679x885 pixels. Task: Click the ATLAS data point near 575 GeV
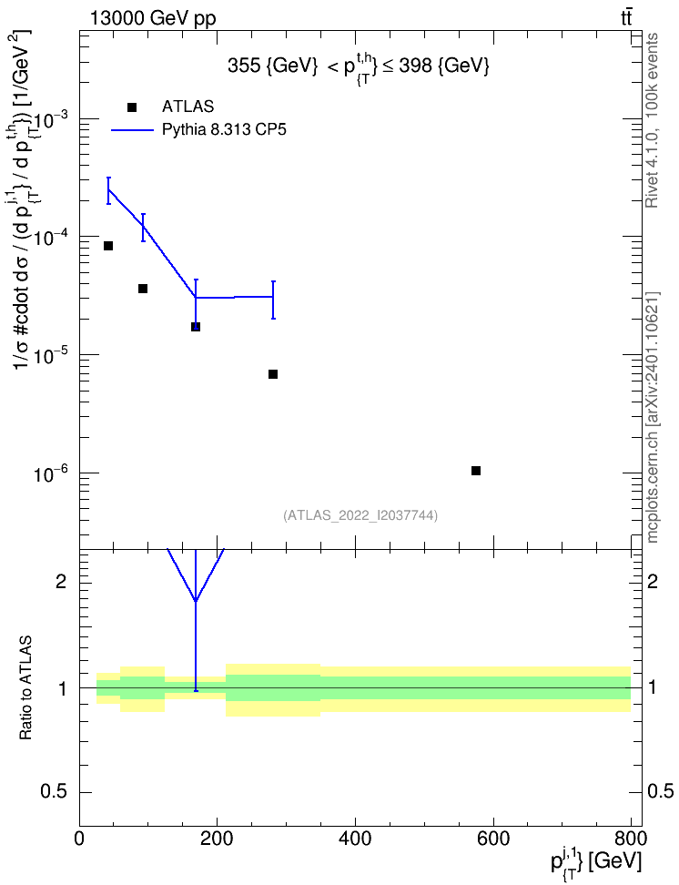pos(476,471)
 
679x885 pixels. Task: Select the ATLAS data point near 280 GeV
pos(273,374)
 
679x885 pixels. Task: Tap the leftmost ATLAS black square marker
pos(107,246)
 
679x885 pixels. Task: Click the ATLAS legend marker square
pos(132,107)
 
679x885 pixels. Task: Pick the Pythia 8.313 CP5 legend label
pos(224,130)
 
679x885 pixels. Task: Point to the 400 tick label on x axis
pos(355,839)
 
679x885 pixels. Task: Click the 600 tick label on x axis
pos(493,839)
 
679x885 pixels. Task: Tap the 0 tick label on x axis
pos(79,839)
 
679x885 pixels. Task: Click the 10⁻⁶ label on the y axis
pos(51,473)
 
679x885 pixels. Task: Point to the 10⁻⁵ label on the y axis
pos(51,355)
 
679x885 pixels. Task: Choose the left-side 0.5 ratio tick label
pos(55,792)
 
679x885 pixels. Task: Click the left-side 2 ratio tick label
pos(62,581)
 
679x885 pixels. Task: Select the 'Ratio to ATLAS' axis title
pos(25,688)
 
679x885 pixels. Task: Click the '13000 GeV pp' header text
pos(152,19)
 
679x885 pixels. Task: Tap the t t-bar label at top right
pos(626,18)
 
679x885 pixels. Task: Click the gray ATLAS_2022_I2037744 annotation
pos(360,515)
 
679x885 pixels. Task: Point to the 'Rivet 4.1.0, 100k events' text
pos(652,121)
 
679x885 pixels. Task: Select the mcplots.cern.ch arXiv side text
pos(652,418)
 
